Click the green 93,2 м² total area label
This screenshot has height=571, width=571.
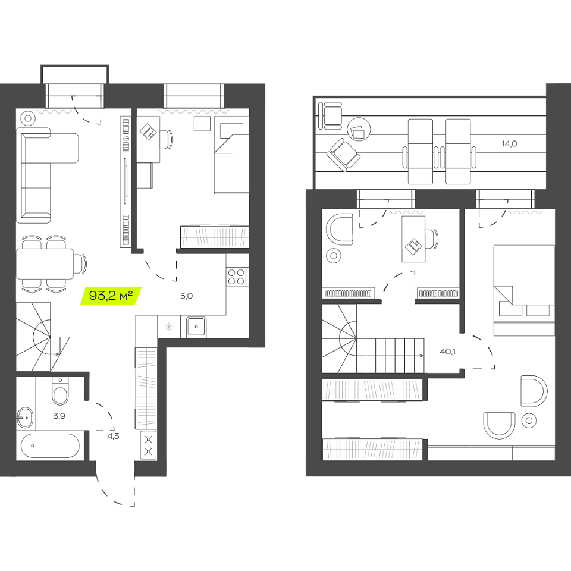pyautogui.click(x=111, y=296)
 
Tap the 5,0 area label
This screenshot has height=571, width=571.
pyautogui.click(x=186, y=296)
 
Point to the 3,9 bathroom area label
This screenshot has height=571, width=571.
pyautogui.click(x=59, y=416)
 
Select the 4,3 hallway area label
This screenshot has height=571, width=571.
pyautogui.click(x=113, y=436)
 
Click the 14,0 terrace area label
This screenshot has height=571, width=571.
pyautogui.click(x=510, y=144)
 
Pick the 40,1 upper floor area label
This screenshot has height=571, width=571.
pyautogui.click(x=447, y=352)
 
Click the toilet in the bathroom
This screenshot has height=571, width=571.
pyautogui.click(x=60, y=391)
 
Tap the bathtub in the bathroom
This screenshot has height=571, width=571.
pyautogui.click(x=50, y=445)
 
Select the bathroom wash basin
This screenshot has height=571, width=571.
pyautogui.click(x=25, y=418)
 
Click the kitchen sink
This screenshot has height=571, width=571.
pyautogui.click(x=196, y=327)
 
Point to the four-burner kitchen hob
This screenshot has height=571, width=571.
pyautogui.click(x=236, y=277)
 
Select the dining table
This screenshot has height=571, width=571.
pyautogui.click(x=45, y=263)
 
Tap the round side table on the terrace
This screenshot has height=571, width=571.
pyautogui.click(x=359, y=129)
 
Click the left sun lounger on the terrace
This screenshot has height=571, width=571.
pyautogui.click(x=421, y=152)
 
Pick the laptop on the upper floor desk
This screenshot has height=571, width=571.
pyautogui.click(x=414, y=247)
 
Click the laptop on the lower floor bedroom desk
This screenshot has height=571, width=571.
pyautogui.click(x=148, y=131)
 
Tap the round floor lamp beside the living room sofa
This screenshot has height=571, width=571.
pyautogui.click(x=28, y=118)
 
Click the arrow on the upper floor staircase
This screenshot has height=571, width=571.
pyautogui.click(x=390, y=356)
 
